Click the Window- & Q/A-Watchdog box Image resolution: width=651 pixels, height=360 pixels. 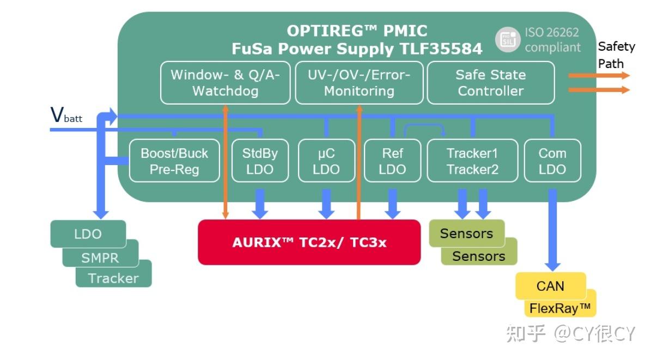click(x=225, y=83)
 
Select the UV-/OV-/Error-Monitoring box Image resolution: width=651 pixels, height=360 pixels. click(x=359, y=83)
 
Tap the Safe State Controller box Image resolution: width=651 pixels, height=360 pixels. click(x=491, y=83)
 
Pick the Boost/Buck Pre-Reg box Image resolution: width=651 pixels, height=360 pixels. click(x=174, y=161)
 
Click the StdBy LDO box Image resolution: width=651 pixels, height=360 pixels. click(x=260, y=161)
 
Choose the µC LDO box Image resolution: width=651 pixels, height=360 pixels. click(x=326, y=161)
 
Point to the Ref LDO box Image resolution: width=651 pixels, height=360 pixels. click(x=392, y=161)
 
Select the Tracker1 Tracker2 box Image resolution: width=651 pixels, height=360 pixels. click(x=472, y=161)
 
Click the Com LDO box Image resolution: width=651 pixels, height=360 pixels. click(x=552, y=161)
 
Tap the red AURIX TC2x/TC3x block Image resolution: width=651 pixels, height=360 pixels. click(x=309, y=242)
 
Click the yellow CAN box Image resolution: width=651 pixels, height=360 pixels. click(x=551, y=286)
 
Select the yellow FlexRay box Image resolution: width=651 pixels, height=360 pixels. click(x=560, y=308)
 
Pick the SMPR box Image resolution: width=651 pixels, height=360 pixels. click(x=100, y=258)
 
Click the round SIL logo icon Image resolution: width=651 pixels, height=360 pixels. click(x=507, y=40)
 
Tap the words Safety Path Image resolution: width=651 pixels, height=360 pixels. click(x=616, y=55)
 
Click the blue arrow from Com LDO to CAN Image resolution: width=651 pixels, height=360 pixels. click(x=552, y=230)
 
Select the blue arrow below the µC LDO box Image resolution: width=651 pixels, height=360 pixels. click(x=326, y=204)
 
